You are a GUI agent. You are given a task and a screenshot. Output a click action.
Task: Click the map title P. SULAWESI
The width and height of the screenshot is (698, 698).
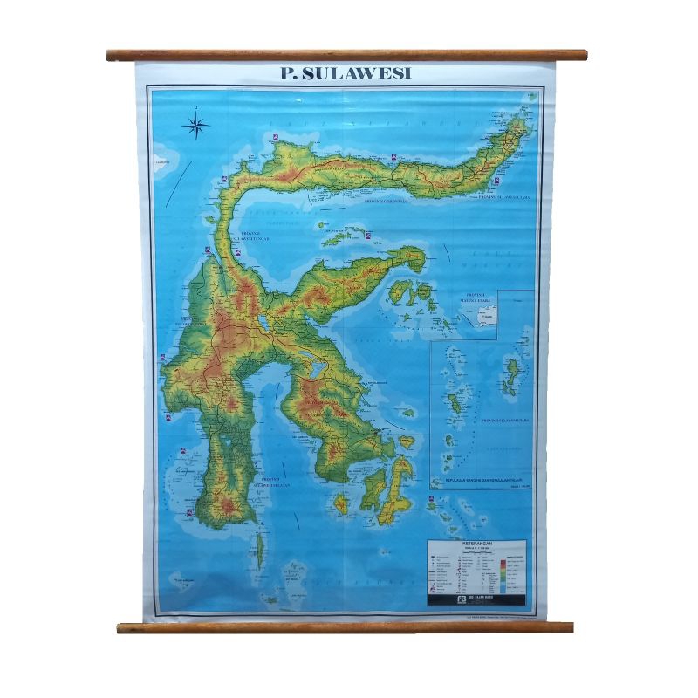(x=346, y=73)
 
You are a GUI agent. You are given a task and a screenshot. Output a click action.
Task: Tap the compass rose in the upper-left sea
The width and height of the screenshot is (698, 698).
(x=196, y=127)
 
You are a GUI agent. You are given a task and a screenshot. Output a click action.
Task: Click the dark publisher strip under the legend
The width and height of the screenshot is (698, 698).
(x=476, y=599)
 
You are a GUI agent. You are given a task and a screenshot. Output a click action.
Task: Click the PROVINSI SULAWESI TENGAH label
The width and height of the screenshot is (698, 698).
(x=253, y=236)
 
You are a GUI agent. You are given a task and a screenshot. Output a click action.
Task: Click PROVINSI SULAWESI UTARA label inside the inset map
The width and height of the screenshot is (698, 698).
(x=506, y=419)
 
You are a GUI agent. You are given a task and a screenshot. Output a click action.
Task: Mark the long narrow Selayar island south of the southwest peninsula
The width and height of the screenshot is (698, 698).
(x=258, y=550)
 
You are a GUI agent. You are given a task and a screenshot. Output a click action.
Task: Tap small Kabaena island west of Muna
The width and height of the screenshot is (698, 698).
(x=341, y=503)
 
